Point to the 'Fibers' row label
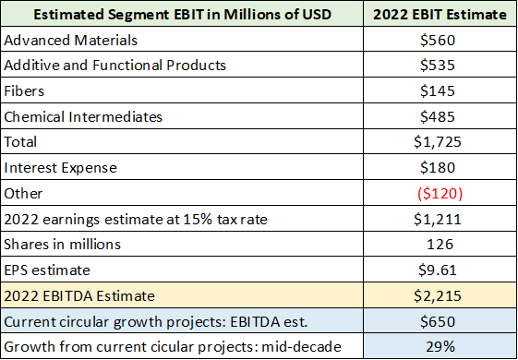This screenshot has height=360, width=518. pos(25,92)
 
